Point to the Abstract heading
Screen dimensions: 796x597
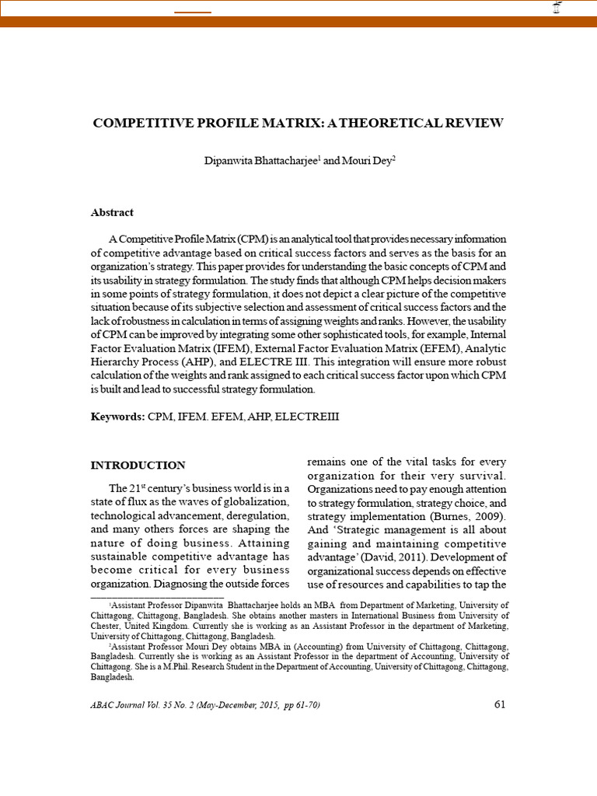point(112,212)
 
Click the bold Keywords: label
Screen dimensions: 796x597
point(117,417)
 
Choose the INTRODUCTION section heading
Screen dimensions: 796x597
point(138,466)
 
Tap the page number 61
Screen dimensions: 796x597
point(500,705)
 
